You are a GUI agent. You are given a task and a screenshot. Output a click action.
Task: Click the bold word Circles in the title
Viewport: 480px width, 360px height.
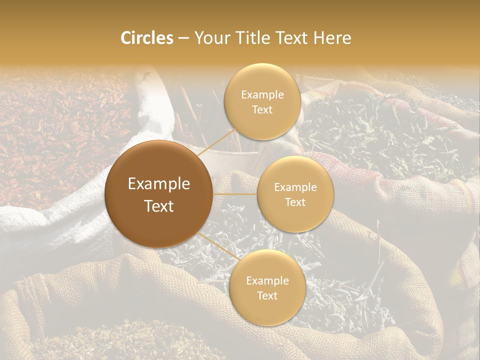pyautogui.click(x=147, y=38)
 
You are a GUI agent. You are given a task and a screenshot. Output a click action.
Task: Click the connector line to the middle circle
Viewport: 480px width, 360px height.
pyautogui.click(x=235, y=194)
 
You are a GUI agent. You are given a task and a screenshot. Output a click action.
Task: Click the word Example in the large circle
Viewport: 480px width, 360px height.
pyautogui.click(x=159, y=184)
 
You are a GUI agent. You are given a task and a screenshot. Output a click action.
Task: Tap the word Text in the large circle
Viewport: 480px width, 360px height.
pyautogui.click(x=159, y=206)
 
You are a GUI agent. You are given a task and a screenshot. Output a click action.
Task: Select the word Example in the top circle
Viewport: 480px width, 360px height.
pyautogui.click(x=262, y=95)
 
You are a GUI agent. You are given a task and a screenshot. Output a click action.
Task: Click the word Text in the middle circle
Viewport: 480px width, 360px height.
pyautogui.click(x=295, y=202)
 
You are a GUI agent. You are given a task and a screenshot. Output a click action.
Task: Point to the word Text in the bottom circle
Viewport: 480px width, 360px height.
pyautogui.click(x=267, y=295)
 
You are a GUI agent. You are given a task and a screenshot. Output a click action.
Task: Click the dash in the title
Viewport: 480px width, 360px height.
pyautogui.click(x=183, y=38)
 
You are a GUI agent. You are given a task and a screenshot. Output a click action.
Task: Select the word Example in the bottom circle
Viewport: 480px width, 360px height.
pyautogui.click(x=267, y=281)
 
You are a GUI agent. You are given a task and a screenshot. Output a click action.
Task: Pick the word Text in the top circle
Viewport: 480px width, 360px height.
pyautogui.click(x=262, y=109)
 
